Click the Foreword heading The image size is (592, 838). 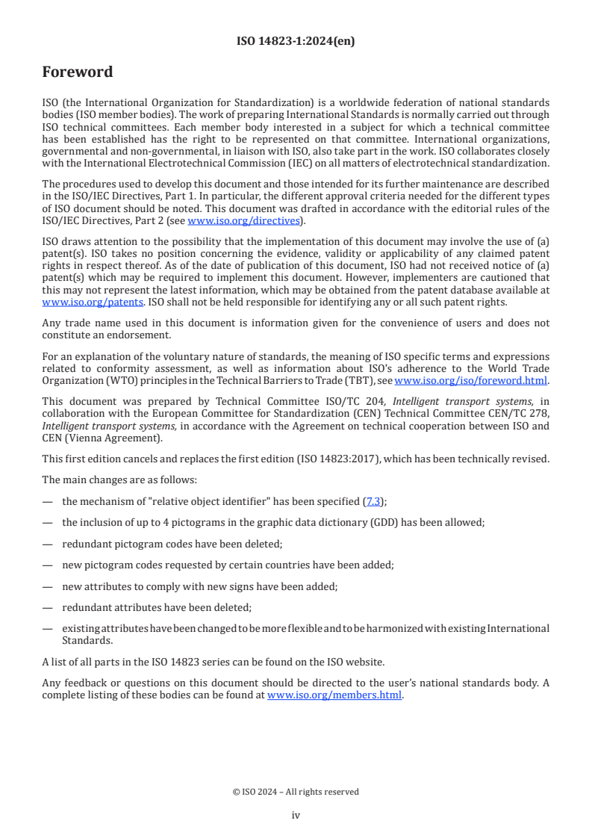[78, 72]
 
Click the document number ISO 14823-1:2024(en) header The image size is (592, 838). [296, 42]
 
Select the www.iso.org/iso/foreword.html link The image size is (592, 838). [471, 379]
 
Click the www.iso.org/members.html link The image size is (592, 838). [334, 695]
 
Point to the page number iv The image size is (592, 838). [296, 815]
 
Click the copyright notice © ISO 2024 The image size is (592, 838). [296, 792]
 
